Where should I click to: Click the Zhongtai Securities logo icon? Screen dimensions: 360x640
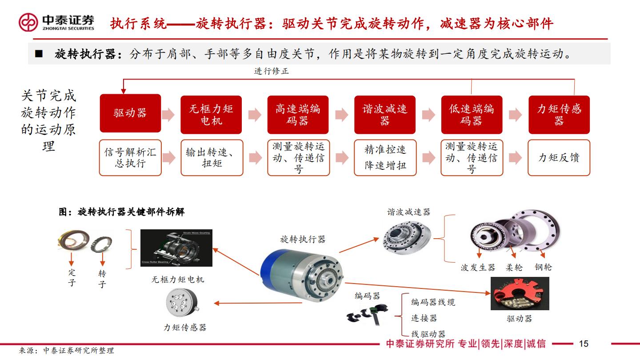[x=28, y=22]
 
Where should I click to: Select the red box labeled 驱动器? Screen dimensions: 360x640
[x=130, y=113]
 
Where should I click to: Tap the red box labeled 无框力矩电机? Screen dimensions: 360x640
[x=211, y=114]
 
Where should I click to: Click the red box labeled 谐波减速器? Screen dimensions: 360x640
[x=385, y=114]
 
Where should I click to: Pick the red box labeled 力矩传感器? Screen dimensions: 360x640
[x=559, y=114]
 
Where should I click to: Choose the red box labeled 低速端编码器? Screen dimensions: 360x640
[x=472, y=114]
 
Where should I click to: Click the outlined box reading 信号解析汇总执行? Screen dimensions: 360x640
[x=130, y=158]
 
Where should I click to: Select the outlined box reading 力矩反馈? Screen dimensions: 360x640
[x=559, y=158]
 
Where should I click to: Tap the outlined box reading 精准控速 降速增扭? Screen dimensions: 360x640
[x=385, y=158]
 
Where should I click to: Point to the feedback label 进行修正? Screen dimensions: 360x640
[x=271, y=71]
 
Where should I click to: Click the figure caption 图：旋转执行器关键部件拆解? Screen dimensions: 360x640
[x=122, y=212]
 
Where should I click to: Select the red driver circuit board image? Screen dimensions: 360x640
[x=520, y=293]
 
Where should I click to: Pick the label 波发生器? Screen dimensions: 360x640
[x=478, y=268]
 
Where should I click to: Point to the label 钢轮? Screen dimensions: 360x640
[x=543, y=267]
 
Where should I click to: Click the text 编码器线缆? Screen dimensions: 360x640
[x=433, y=302]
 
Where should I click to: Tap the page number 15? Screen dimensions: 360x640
[x=584, y=344]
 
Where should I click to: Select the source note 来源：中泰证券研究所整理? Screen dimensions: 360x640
[x=67, y=351]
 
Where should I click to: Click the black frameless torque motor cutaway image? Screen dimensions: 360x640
[x=176, y=248]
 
